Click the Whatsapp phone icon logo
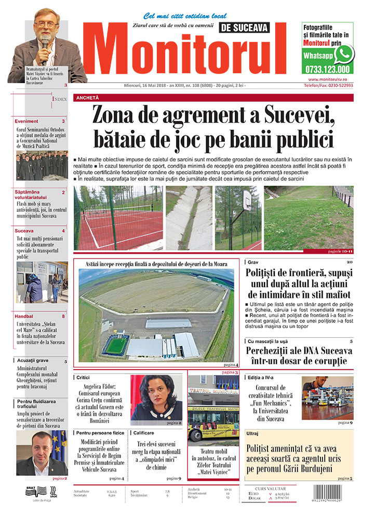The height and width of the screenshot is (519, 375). tap(343, 53)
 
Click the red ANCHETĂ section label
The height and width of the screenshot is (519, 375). tap(87, 98)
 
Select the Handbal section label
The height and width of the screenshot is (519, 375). tap(24, 316)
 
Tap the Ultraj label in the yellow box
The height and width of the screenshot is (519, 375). tap(252, 432)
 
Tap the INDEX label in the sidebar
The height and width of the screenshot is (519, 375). tap(59, 99)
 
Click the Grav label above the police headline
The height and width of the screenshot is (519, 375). tap(253, 262)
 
